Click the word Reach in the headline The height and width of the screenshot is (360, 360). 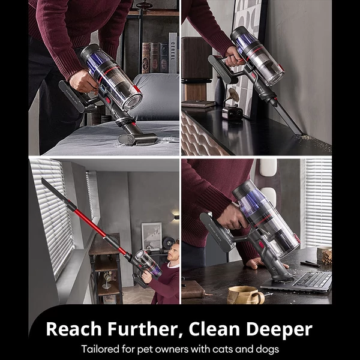tap(74, 329)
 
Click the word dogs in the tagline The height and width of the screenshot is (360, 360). tap(266, 350)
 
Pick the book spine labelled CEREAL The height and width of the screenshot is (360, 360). tap(173, 53)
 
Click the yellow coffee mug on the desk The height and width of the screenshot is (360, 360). tap(245, 295)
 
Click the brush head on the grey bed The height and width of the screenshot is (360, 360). tap(138, 139)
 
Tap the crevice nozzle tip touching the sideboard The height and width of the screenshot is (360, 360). tap(300, 133)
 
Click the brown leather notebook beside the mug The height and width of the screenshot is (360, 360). tap(193, 290)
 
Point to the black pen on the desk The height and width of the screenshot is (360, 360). tap(310, 264)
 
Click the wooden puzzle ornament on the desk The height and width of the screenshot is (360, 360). tap(326, 256)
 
